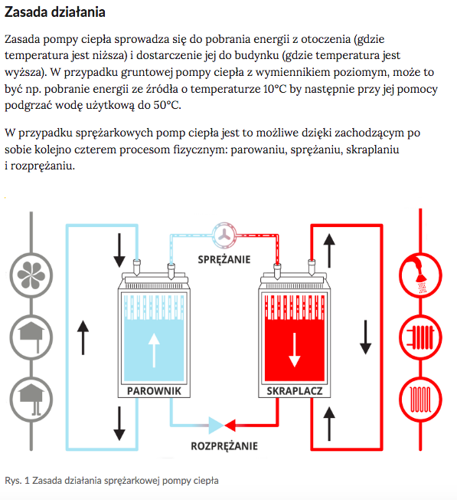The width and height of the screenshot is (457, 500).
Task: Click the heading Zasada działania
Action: (55, 14)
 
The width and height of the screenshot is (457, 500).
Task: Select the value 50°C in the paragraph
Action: (166, 105)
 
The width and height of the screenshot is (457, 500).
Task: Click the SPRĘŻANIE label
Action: (224, 259)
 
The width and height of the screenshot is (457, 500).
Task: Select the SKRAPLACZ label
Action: (294, 391)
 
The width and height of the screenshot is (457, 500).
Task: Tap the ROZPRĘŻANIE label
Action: (224, 446)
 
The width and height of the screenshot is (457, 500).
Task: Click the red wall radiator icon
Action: (422, 335)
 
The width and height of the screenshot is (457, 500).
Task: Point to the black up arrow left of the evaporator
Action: (83, 335)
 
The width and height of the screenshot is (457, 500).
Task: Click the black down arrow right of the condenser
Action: (366, 334)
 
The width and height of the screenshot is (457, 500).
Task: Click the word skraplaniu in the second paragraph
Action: (369, 149)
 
